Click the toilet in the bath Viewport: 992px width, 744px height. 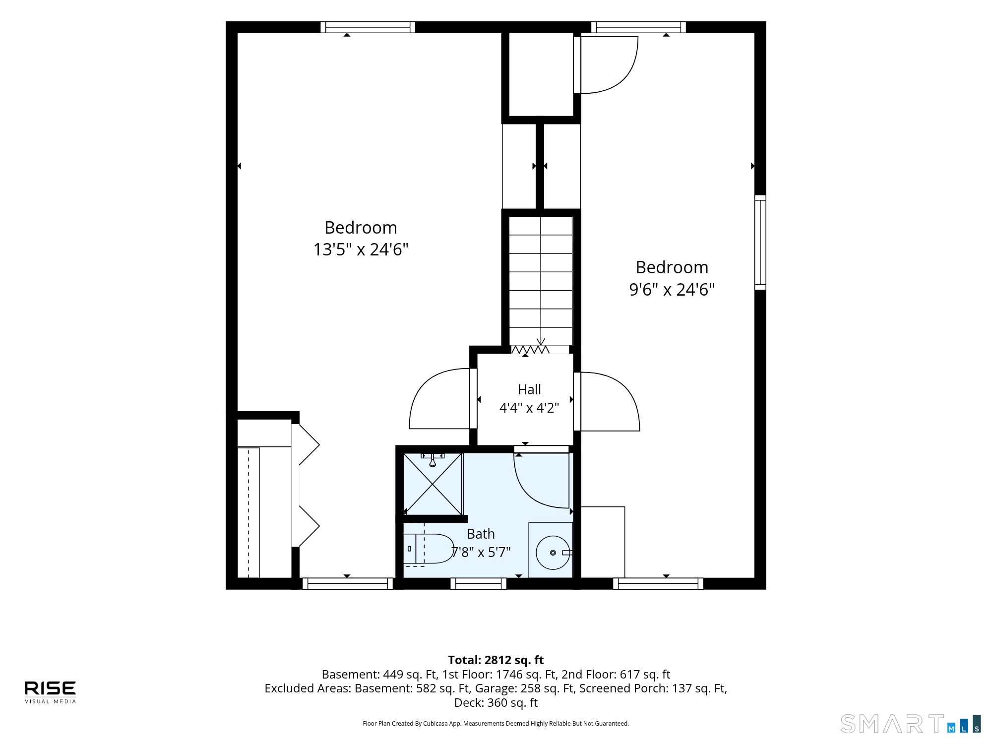[428, 549]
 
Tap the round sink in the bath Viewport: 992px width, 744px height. [553, 553]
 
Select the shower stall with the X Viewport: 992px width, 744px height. [433, 484]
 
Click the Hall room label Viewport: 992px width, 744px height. [529, 390]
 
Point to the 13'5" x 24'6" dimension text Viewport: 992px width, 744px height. [361, 249]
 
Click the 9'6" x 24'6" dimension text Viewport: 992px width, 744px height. [672, 289]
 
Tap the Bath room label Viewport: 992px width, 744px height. [481, 534]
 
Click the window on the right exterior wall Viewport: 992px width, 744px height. [760, 243]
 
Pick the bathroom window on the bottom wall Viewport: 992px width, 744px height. [479, 584]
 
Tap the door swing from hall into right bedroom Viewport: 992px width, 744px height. [607, 401]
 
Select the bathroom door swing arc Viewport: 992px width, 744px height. [541, 477]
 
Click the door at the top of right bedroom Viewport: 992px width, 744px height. [606, 65]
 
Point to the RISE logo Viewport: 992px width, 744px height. [50, 692]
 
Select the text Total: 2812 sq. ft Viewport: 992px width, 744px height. [496, 660]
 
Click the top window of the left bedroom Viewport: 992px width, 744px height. [368, 27]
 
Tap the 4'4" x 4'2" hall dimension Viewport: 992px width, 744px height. [529, 408]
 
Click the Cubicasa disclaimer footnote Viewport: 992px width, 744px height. [496, 724]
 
